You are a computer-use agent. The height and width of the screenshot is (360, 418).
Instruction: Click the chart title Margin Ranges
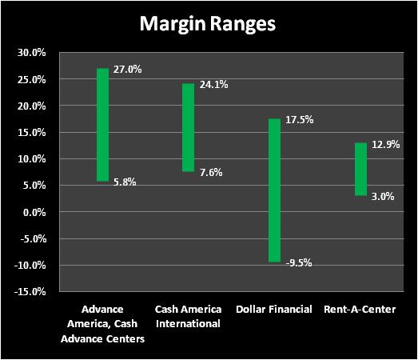pos(207,24)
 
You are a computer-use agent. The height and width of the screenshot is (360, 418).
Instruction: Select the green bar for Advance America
pos(102,125)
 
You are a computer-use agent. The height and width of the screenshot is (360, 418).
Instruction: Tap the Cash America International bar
pos(188,127)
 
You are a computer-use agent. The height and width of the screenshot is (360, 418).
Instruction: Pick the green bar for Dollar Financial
pos(274,190)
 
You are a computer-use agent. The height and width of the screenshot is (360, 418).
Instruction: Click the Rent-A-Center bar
pos(360,169)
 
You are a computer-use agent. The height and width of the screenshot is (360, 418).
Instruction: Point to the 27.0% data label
pos(127,70)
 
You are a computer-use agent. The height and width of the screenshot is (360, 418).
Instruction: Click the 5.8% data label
pos(125,182)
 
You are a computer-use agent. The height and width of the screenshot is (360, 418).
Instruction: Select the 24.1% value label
pos(214,85)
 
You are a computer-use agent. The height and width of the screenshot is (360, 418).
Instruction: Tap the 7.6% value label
pos(211,172)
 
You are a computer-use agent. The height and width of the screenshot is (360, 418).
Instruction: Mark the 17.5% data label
pos(300,120)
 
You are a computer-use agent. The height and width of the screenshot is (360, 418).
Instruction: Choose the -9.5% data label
pos(299,263)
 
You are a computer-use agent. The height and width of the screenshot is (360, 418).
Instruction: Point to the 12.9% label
pos(386,145)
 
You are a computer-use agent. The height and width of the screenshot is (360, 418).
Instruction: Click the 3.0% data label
pos(383,197)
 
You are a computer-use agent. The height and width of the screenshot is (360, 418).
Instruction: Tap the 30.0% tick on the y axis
pos(32,53)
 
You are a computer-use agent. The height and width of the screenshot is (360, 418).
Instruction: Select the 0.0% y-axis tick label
pos(34,213)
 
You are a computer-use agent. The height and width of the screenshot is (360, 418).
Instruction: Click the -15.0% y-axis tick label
pos(30,292)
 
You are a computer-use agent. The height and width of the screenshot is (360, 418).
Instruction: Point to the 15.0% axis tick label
pos(32,132)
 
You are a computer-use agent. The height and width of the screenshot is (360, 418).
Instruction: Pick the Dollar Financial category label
pos(274,310)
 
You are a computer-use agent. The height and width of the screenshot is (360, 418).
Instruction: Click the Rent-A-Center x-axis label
pos(360,310)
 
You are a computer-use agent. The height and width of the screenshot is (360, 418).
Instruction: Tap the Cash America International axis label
pos(188,317)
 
